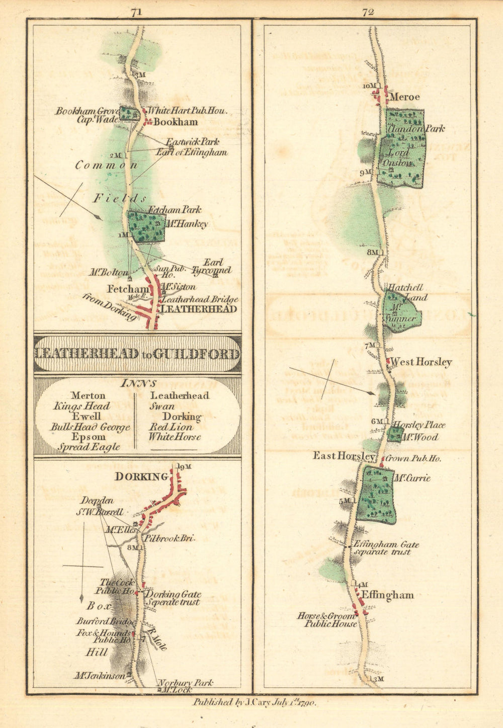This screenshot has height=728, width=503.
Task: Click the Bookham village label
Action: (176, 122)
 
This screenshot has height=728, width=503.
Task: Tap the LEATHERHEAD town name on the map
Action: (198, 309)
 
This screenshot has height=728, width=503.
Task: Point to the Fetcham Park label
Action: (175, 209)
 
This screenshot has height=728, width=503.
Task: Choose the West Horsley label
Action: (421, 362)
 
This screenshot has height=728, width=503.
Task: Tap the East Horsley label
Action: (344, 456)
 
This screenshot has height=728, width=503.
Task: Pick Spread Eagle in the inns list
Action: (89, 447)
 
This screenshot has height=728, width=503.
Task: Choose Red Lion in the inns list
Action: (170, 427)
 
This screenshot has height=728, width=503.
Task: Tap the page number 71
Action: (135, 13)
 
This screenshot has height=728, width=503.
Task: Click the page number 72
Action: (368, 13)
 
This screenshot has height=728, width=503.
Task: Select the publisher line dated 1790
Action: (254, 703)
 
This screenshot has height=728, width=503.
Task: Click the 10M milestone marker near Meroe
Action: (370, 86)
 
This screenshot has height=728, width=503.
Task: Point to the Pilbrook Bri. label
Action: (169, 538)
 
